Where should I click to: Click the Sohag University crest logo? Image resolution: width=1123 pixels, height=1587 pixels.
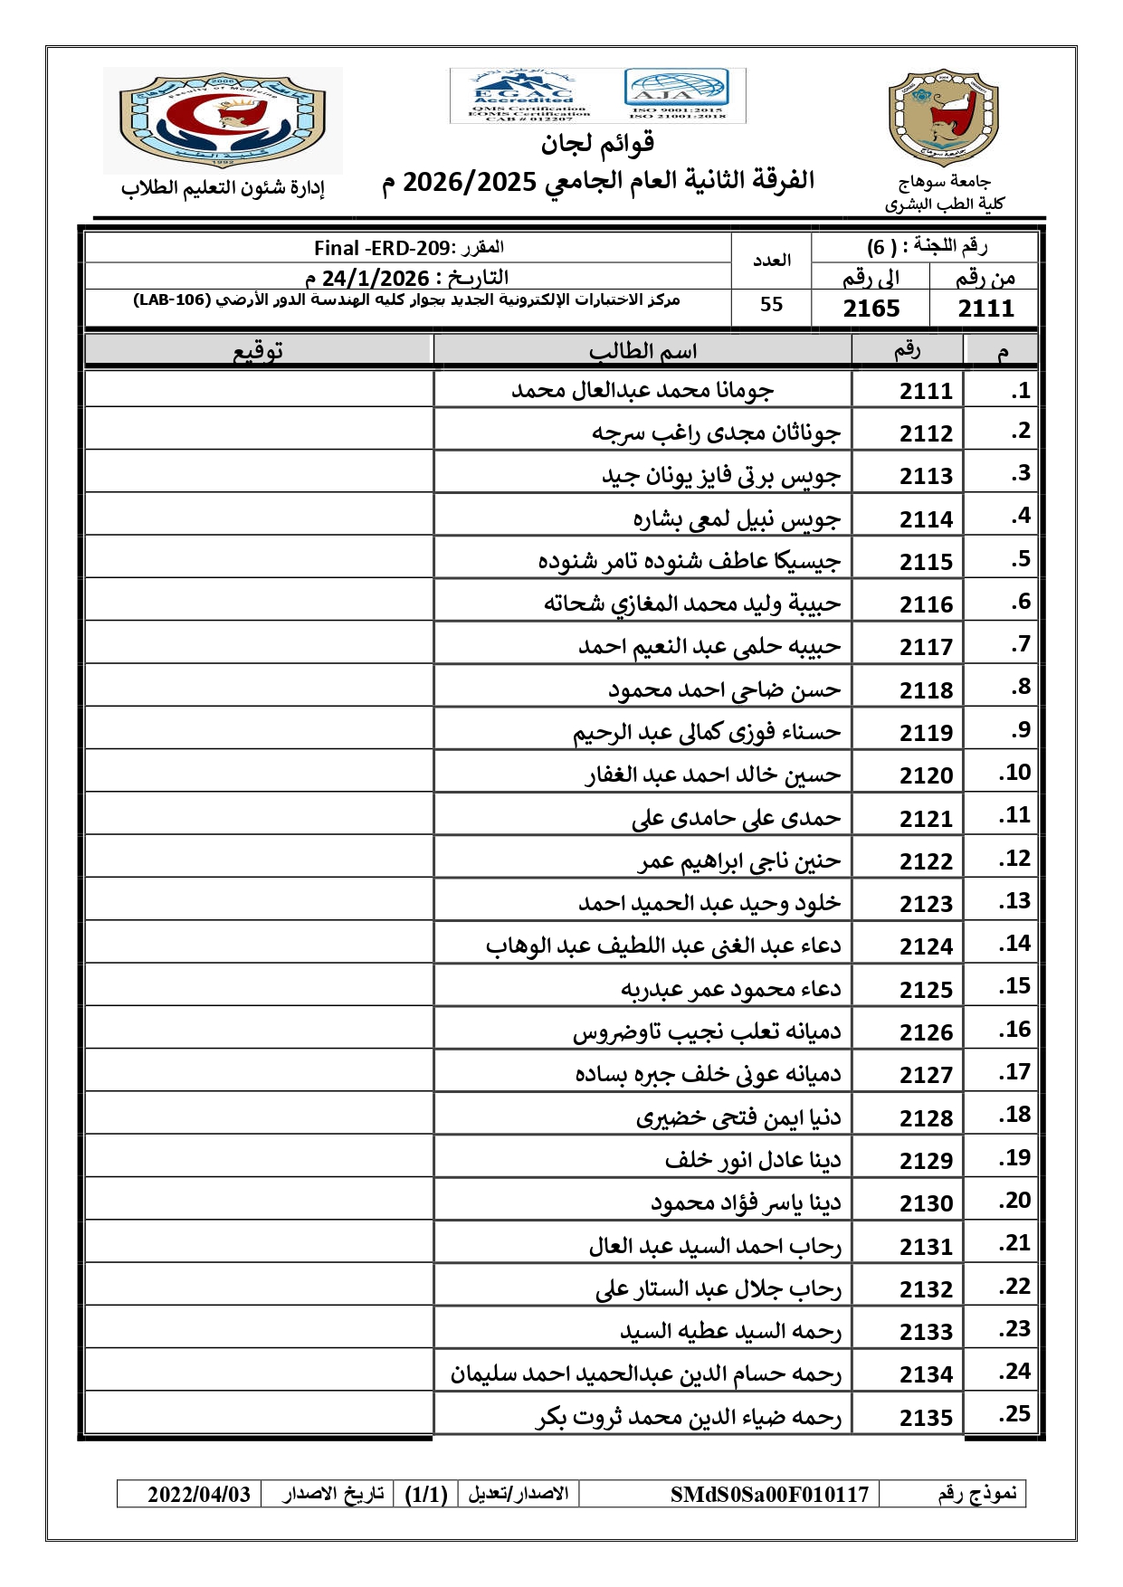pyautogui.click(x=944, y=118)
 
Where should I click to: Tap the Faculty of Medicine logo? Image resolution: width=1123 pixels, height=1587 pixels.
pyautogui.click(x=223, y=119)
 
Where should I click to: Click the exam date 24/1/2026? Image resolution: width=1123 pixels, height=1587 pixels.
pyautogui.click(x=376, y=278)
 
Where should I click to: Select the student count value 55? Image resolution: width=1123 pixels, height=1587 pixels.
pyautogui.click(x=771, y=305)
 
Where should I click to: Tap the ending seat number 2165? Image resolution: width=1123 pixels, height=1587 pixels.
pyautogui.click(x=871, y=309)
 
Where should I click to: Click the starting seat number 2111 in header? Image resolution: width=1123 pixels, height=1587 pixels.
pyautogui.click(x=985, y=309)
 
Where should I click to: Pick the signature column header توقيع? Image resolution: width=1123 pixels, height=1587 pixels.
pyautogui.click(x=258, y=351)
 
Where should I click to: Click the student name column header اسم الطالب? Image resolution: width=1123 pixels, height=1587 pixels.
pyautogui.click(x=642, y=351)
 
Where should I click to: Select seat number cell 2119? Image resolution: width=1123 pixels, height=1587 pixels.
pyautogui.click(x=926, y=733)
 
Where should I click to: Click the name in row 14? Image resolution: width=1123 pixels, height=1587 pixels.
pyautogui.click(x=663, y=946)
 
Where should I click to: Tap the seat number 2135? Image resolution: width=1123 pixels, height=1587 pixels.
pyautogui.click(x=926, y=1418)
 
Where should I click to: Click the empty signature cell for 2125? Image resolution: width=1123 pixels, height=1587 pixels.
pyautogui.click(x=259, y=985)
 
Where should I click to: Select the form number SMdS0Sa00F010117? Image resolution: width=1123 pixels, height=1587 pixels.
pyautogui.click(x=769, y=1494)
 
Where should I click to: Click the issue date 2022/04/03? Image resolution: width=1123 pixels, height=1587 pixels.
pyautogui.click(x=199, y=1494)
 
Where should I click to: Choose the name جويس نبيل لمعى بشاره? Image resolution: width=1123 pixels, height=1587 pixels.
pyautogui.click(x=737, y=519)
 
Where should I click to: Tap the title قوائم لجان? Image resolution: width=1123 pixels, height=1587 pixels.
pyautogui.click(x=598, y=143)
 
